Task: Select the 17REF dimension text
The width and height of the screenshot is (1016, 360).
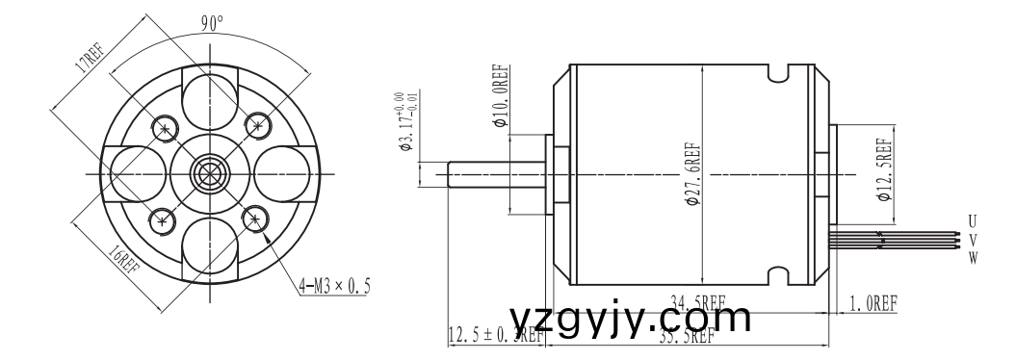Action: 93,59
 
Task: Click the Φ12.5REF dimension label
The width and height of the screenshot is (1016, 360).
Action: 883,169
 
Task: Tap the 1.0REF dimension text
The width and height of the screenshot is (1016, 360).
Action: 873,304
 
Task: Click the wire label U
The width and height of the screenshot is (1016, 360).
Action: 973,222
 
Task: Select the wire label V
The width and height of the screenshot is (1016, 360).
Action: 973,239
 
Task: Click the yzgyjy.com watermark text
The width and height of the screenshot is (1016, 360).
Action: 630,317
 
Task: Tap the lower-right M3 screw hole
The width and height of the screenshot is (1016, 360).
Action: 254,219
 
